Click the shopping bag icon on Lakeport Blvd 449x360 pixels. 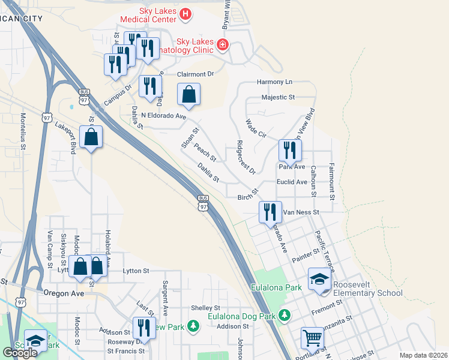(90, 137)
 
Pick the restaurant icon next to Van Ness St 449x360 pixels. (270, 211)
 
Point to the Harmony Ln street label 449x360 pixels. (274, 82)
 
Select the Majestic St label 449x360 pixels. (279, 97)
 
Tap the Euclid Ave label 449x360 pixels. (292, 182)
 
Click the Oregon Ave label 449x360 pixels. (62, 293)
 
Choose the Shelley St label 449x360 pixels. (205, 308)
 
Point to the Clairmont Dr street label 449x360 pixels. (195, 74)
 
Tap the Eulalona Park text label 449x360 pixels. (277, 288)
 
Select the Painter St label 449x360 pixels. (306, 257)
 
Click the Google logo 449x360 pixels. (20, 352)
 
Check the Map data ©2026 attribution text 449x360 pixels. (423, 355)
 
